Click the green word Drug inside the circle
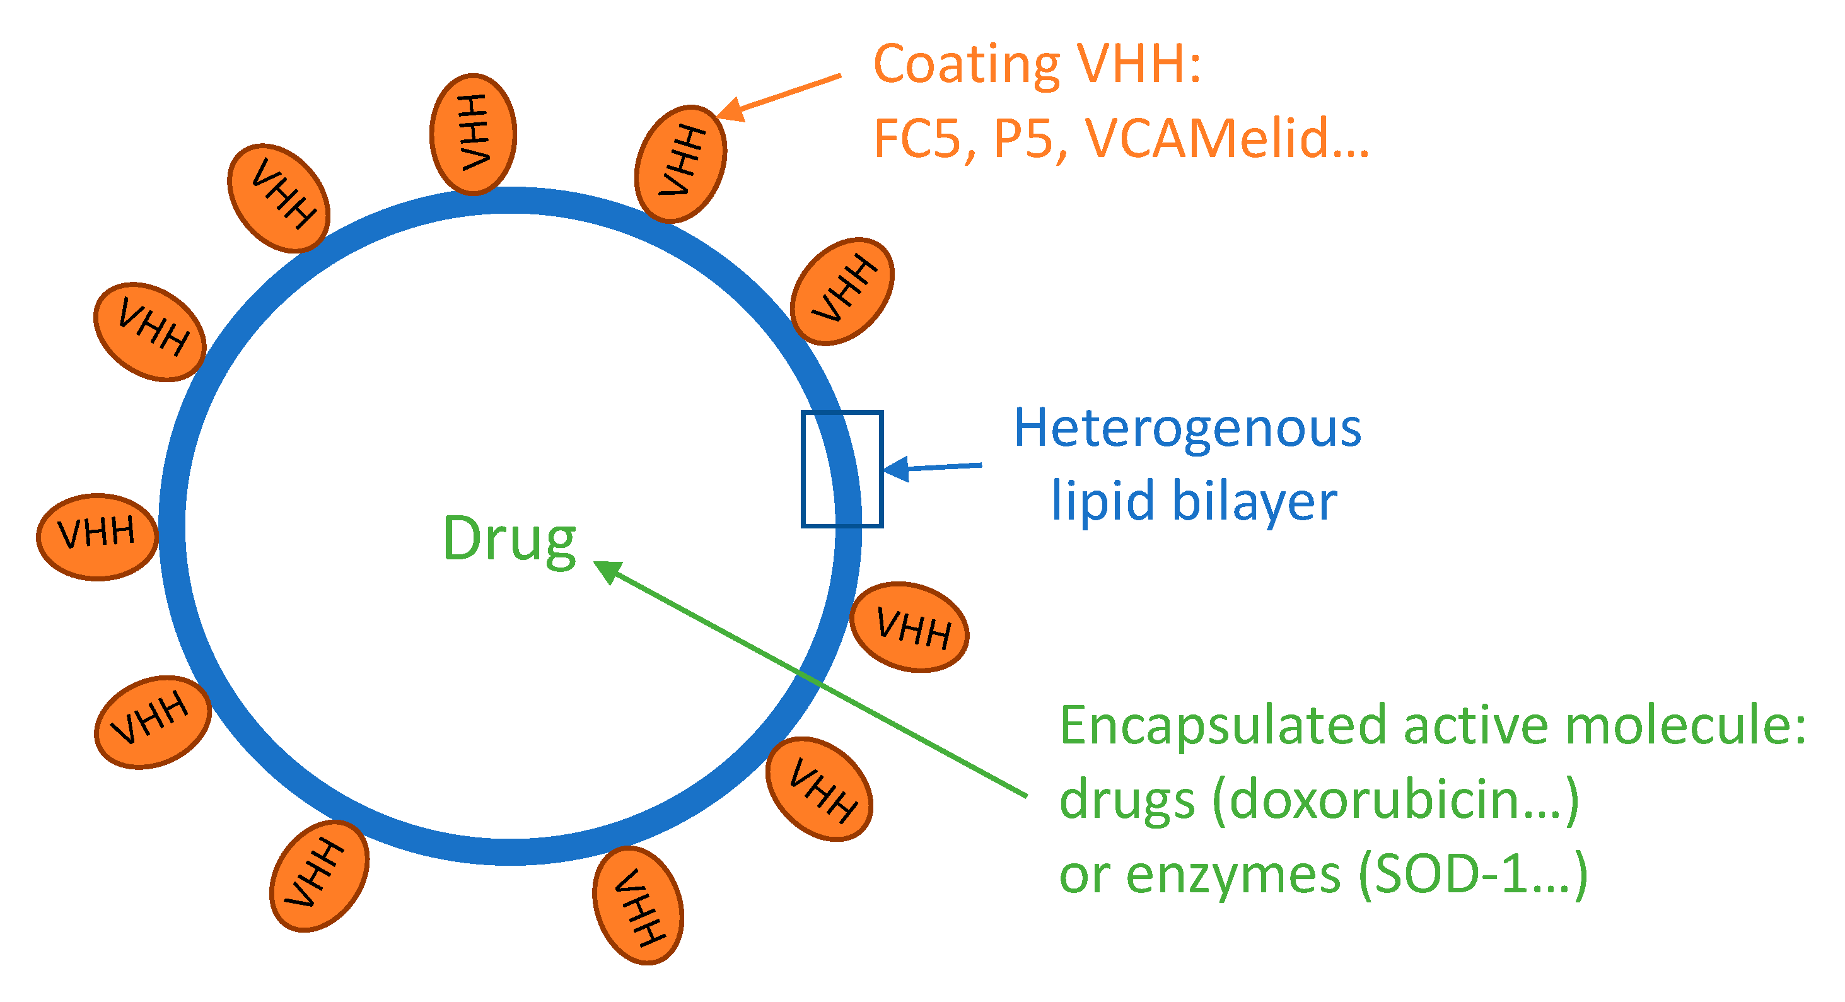coord(509,539)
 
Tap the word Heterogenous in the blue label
coord(1187,428)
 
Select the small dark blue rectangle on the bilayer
coord(842,469)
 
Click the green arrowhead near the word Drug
coord(607,571)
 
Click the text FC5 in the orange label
coord(916,138)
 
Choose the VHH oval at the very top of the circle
coord(473,134)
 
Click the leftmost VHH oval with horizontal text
coord(96,536)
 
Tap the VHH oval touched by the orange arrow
coord(680,163)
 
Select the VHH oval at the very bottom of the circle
coord(637,905)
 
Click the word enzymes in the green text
coord(1233,873)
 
